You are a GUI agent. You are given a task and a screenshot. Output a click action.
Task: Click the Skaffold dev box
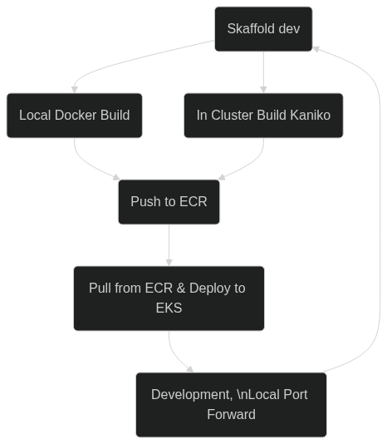point(263,29)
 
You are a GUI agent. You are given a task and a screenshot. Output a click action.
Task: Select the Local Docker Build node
point(75,116)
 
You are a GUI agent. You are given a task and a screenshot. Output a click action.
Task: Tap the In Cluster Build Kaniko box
point(263,116)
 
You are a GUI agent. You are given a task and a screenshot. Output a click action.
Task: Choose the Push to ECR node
point(169,202)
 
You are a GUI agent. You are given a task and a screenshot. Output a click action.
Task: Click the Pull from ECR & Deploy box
point(169,298)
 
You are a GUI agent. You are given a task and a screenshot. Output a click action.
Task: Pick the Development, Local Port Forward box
point(231,405)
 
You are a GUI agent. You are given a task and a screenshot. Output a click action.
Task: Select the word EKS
point(169,308)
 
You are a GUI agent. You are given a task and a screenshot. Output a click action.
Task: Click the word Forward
point(231,415)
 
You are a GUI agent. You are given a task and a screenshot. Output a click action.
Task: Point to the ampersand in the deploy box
point(181,289)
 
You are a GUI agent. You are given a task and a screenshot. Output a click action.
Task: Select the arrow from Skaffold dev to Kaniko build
point(263,72)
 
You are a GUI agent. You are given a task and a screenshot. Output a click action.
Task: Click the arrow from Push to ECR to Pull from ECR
point(169,245)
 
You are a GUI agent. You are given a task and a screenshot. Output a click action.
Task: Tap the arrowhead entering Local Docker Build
point(75,90)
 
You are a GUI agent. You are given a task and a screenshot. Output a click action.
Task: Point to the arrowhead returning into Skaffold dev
point(316,49)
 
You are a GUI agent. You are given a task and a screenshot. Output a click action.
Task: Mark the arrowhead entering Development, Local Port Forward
point(190,369)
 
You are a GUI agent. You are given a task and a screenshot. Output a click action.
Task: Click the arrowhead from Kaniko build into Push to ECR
point(222,177)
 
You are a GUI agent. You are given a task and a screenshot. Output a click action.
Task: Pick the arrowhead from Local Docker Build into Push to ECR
point(116,177)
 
